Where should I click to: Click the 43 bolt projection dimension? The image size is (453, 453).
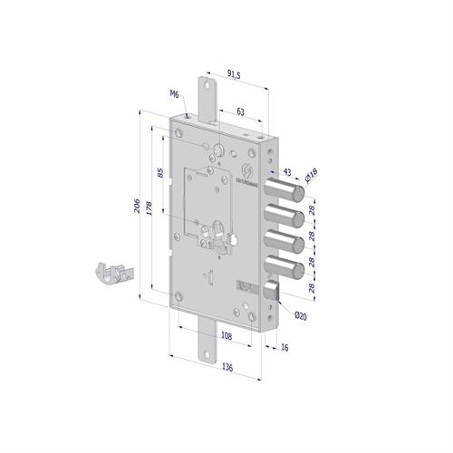click(x=287, y=170)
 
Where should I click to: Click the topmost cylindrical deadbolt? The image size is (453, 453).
click(x=289, y=193)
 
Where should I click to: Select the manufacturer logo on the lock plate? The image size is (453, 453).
click(x=250, y=170)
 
